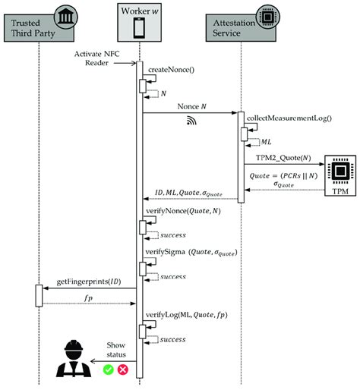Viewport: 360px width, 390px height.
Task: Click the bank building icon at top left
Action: pos(64,16)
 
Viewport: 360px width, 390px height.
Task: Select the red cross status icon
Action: pos(122,370)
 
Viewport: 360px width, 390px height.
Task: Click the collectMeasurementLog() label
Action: pos(288,118)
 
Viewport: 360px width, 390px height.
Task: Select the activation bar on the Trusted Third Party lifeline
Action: pos(39,296)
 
